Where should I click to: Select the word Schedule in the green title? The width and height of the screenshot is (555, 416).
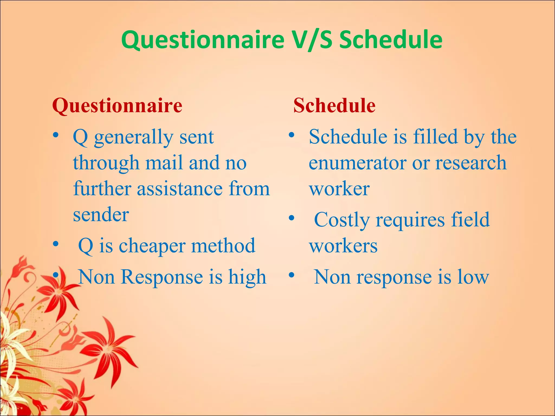click(391, 40)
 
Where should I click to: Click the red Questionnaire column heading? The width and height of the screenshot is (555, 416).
click(117, 106)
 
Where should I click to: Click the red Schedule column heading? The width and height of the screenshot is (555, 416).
click(334, 106)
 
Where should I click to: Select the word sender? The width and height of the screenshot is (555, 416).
click(101, 214)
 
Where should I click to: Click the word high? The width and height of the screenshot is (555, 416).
click(247, 277)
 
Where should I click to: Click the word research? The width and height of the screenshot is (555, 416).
click(471, 163)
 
